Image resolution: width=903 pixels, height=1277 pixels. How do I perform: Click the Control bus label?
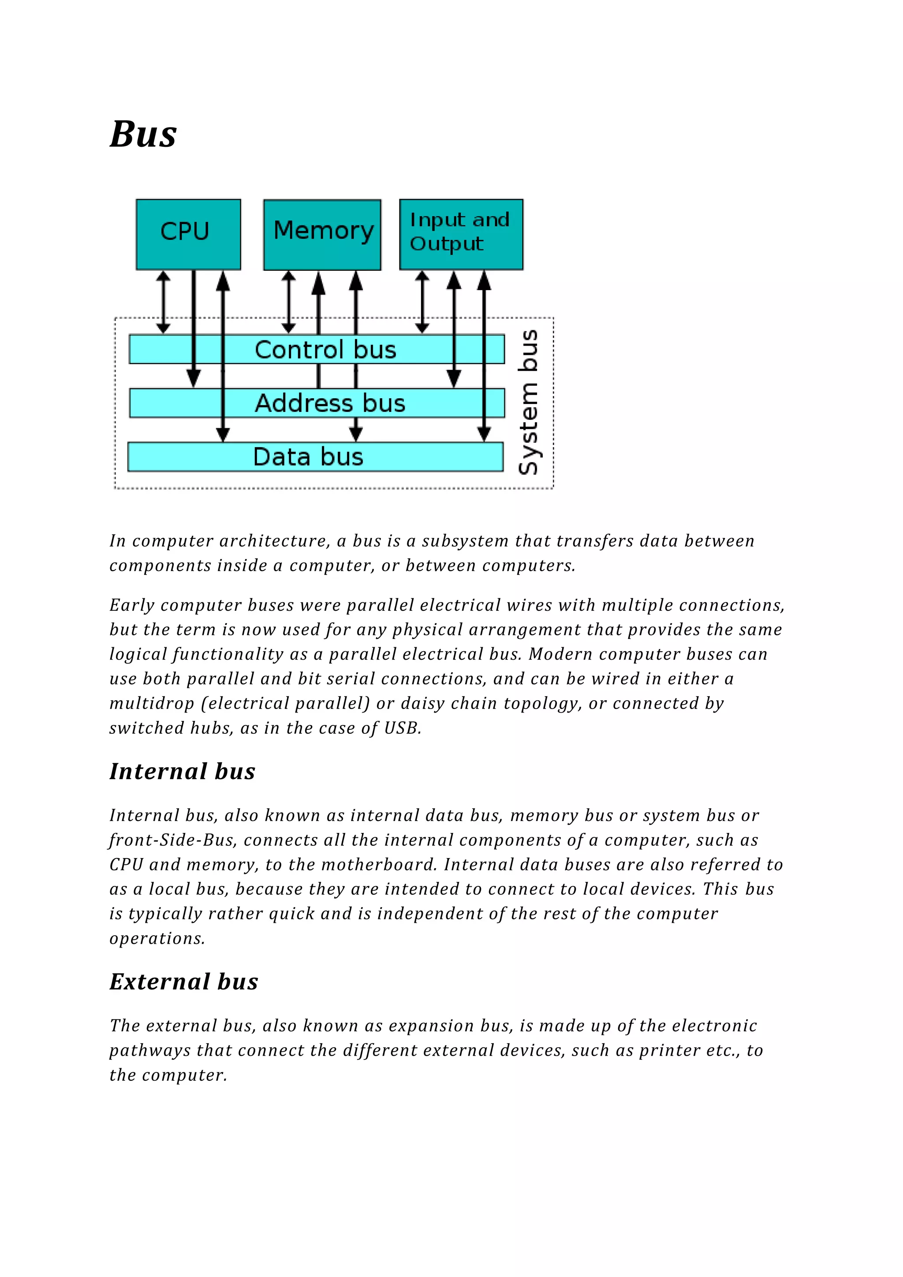(x=325, y=350)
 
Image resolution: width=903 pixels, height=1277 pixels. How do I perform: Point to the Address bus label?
(x=330, y=403)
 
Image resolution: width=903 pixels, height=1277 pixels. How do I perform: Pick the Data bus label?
(x=308, y=457)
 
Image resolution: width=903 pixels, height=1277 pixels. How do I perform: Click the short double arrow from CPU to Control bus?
(x=164, y=302)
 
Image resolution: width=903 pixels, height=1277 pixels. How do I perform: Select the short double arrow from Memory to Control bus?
(x=289, y=302)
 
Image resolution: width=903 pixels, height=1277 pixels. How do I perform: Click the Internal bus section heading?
(x=183, y=771)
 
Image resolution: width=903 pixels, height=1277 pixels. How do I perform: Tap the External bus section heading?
(x=184, y=982)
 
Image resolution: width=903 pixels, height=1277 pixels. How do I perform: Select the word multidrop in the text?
(x=151, y=704)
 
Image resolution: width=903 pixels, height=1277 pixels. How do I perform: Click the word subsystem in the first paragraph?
(x=465, y=541)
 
